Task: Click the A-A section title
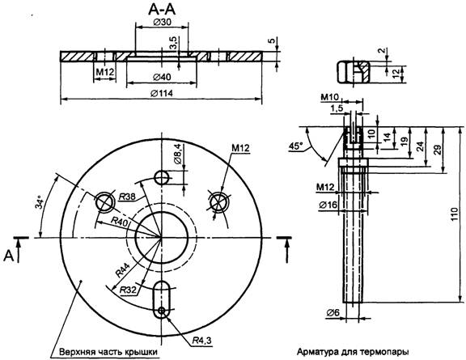(x=162, y=10)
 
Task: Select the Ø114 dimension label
(x=161, y=93)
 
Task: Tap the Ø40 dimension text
(x=162, y=78)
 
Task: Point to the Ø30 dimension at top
(x=162, y=22)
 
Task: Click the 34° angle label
(x=40, y=202)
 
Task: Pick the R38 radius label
(x=127, y=197)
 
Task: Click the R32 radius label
(x=129, y=290)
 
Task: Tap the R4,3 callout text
(x=201, y=340)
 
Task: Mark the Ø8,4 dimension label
(x=177, y=154)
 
